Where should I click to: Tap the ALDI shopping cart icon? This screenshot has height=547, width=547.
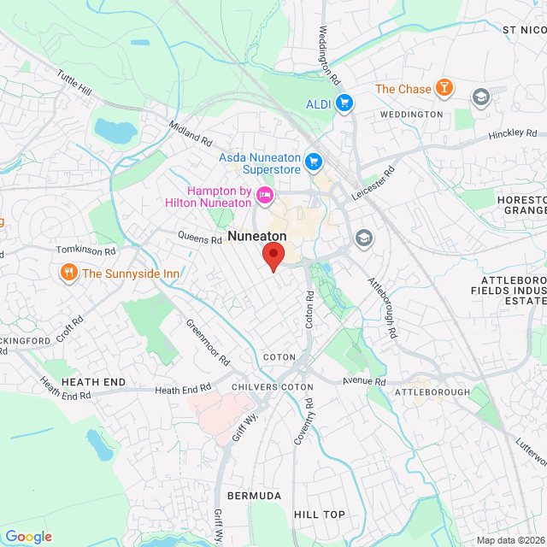(344, 103)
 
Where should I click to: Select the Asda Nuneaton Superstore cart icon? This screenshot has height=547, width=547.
(314, 160)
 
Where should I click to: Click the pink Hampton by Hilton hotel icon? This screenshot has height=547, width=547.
(264, 196)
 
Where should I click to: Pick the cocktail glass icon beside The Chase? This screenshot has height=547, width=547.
(444, 87)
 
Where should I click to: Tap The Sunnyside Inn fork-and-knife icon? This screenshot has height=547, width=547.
(68, 273)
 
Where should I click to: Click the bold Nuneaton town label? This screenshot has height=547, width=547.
(256, 235)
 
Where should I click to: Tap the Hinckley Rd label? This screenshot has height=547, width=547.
(512, 135)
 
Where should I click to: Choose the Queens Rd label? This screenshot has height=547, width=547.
(200, 237)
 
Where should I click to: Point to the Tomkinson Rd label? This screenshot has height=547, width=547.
(85, 251)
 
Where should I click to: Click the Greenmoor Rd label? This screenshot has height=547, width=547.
(208, 341)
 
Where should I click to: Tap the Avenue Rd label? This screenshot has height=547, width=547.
(364, 381)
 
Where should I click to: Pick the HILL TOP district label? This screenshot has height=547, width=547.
(319, 515)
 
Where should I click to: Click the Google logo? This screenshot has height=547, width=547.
(28, 537)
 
